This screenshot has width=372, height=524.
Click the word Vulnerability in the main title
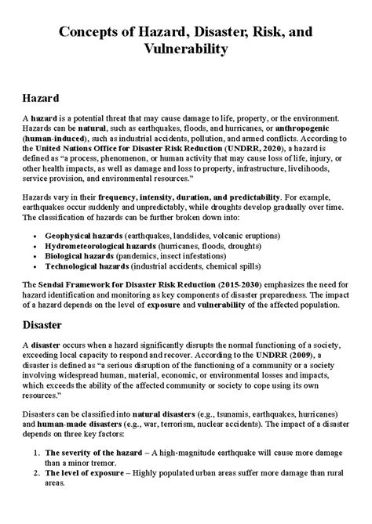[x=186, y=49]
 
